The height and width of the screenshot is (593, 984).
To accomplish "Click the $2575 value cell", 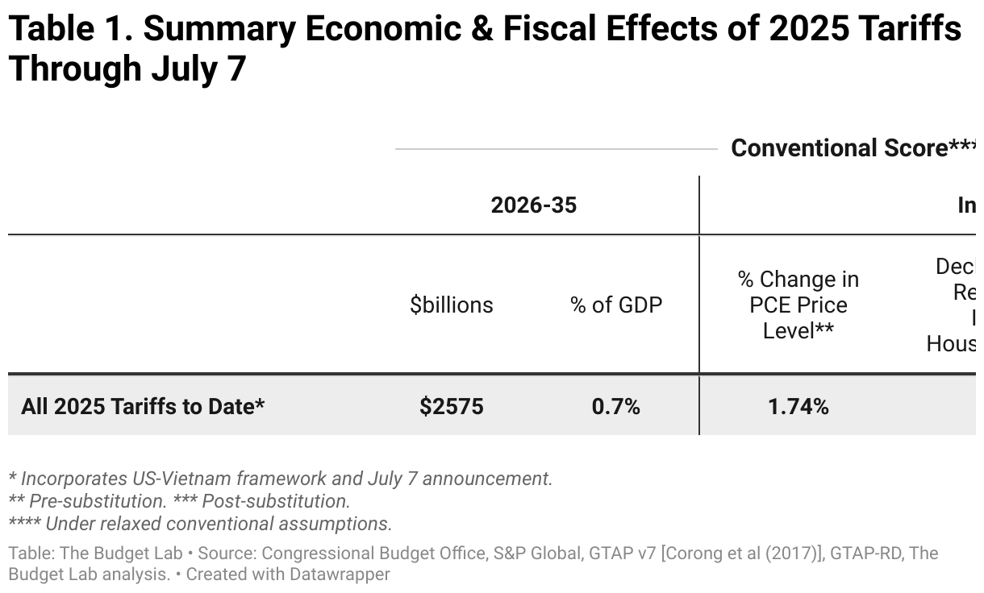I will (x=451, y=406).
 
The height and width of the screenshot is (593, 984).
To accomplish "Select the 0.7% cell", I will (x=615, y=406).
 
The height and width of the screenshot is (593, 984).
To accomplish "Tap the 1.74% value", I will (x=798, y=406).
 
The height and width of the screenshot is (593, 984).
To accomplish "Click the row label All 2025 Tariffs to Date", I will (x=143, y=406).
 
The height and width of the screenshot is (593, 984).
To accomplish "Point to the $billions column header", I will (x=451, y=305).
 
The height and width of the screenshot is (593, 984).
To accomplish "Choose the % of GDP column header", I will (x=616, y=305).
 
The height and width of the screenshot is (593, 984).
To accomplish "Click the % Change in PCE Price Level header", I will (x=798, y=305).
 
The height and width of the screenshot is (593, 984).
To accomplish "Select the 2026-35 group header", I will (x=533, y=205).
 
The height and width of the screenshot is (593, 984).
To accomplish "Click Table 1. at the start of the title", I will (x=69, y=30).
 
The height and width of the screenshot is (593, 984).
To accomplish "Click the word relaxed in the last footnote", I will (x=140, y=524).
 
